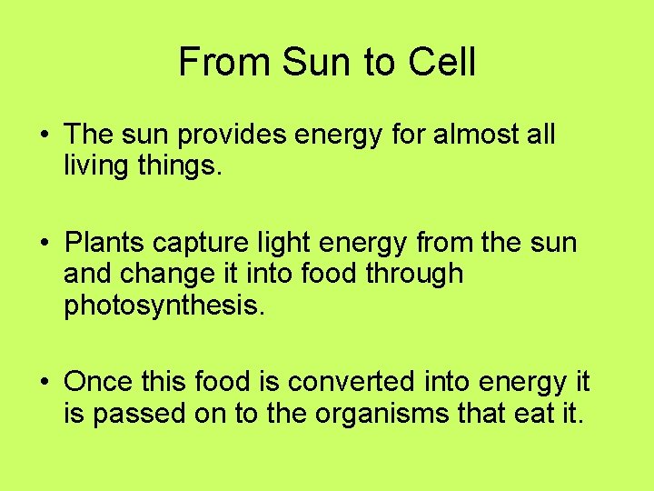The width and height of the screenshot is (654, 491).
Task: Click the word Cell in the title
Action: point(442,62)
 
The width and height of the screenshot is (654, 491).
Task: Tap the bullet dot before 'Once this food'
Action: point(45,382)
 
